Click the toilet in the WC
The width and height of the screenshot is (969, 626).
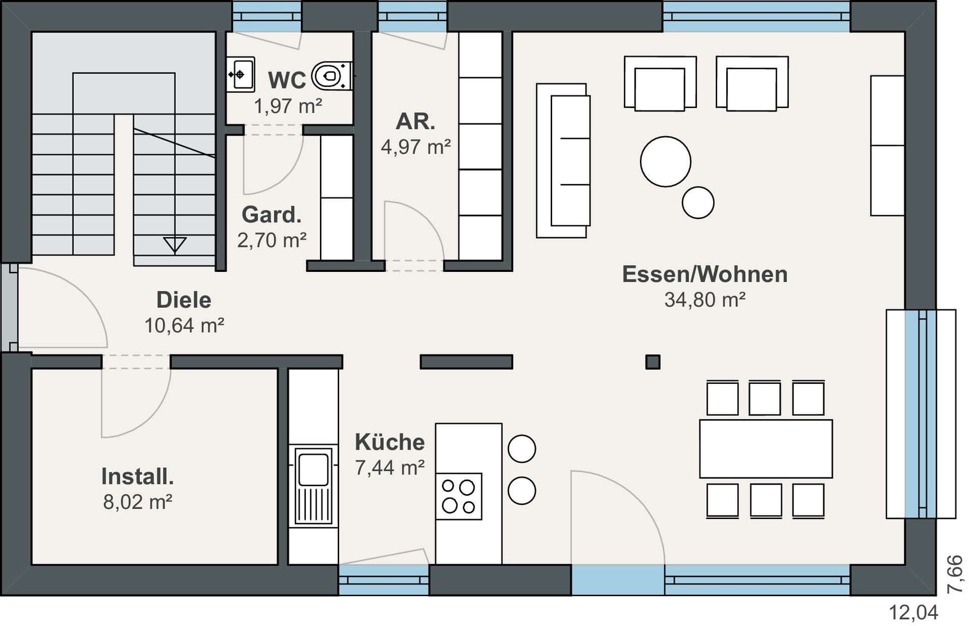coord(332,75)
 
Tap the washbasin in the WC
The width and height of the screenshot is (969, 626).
coord(241,74)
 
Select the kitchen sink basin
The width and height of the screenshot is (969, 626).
coord(313,470)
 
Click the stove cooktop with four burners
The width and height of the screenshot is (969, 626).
coord(459,496)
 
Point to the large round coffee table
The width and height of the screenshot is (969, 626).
coord(665,162)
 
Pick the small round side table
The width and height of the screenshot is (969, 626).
coord(698,203)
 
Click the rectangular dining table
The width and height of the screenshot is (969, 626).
coord(766,449)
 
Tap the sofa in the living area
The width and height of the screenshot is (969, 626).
coord(563,161)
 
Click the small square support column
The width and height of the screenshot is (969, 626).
coord(652,361)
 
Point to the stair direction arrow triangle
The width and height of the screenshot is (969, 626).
coord(175,245)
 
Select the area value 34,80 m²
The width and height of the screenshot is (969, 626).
coord(705,299)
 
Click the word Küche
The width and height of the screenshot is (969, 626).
coord(389,442)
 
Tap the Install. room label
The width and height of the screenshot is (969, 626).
coord(137,476)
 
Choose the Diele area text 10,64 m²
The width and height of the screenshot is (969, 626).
coord(184,325)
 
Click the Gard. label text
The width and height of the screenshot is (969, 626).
coord(272,214)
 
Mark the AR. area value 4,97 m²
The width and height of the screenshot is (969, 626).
coord(416,147)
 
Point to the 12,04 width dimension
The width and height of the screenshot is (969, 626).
coord(913,612)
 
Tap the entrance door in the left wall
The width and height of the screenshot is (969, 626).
coord(10,307)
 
